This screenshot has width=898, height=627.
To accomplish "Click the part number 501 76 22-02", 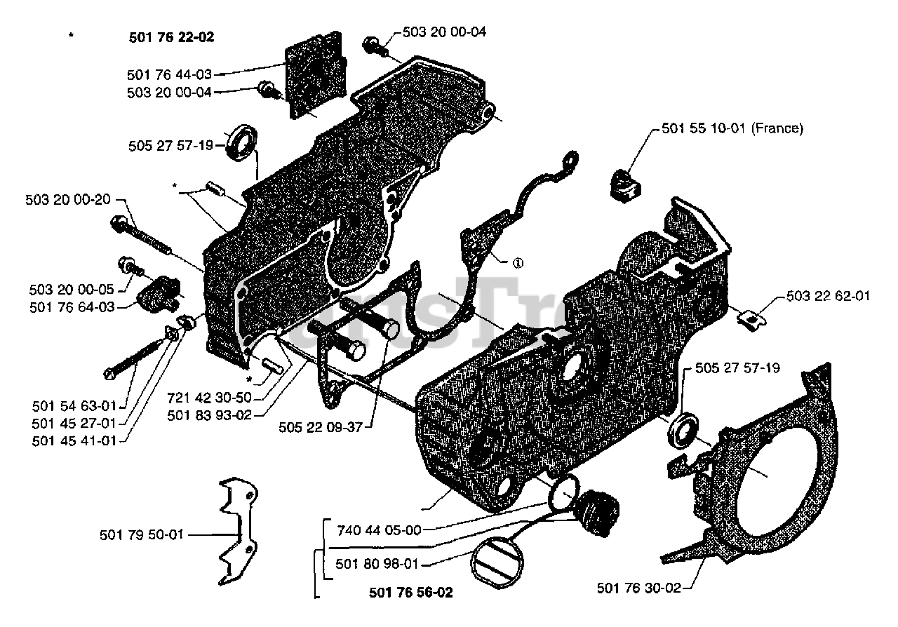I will pyautogui.click(x=171, y=38).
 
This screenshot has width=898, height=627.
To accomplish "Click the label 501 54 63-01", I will pyautogui.click(x=74, y=405).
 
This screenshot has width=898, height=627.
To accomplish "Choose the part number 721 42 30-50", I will pyautogui.click(x=209, y=397).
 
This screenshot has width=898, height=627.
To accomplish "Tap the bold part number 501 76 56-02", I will pyautogui.click(x=410, y=593).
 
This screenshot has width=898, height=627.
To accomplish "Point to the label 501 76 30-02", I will pyautogui.click(x=638, y=588).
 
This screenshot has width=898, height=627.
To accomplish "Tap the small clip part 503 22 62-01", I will pyautogui.click(x=751, y=320).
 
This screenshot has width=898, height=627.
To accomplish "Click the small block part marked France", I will pyautogui.click(x=622, y=183).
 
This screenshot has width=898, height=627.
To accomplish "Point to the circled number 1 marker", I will pyautogui.click(x=518, y=264).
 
